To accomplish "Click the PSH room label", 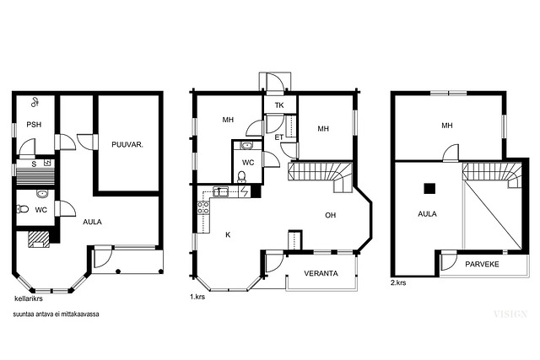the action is pyautogui.click(x=34, y=124).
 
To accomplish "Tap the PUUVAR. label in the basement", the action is pyautogui.click(x=127, y=144).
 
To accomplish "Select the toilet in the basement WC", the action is pyautogui.click(x=23, y=209).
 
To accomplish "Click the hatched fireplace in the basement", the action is pyautogui.click(x=39, y=239).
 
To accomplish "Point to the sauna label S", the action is pyautogui.click(x=34, y=164).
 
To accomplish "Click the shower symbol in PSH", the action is pyautogui.click(x=35, y=102).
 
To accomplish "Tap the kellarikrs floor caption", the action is pyautogui.click(x=29, y=298).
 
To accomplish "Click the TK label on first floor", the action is pyautogui.click(x=279, y=105).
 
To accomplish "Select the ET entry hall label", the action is pyautogui.click(x=279, y=137).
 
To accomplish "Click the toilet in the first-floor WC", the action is pyautogui.click(x=242, y=176).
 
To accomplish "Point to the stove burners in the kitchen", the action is pyautogui.click(x=202, y=207).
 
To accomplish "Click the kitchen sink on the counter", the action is pyautogui.click(x=220, y=191).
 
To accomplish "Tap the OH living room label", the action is pyautogui.click(x=330, y=215).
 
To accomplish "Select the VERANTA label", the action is pyautogui.click(x=321, y=274).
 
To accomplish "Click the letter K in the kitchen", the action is pyautogui.click(x=228, y=234).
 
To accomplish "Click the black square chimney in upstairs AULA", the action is pyautogui.click(x=429, y=189).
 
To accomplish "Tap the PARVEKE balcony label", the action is pyautogui.click(x=482, y=265).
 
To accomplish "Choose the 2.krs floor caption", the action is pyautogui.click(x=398, y=283).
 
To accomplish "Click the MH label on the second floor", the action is pyautogui.click(x=447, y=126).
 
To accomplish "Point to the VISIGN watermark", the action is pyautogui.click(x=510, y=314).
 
